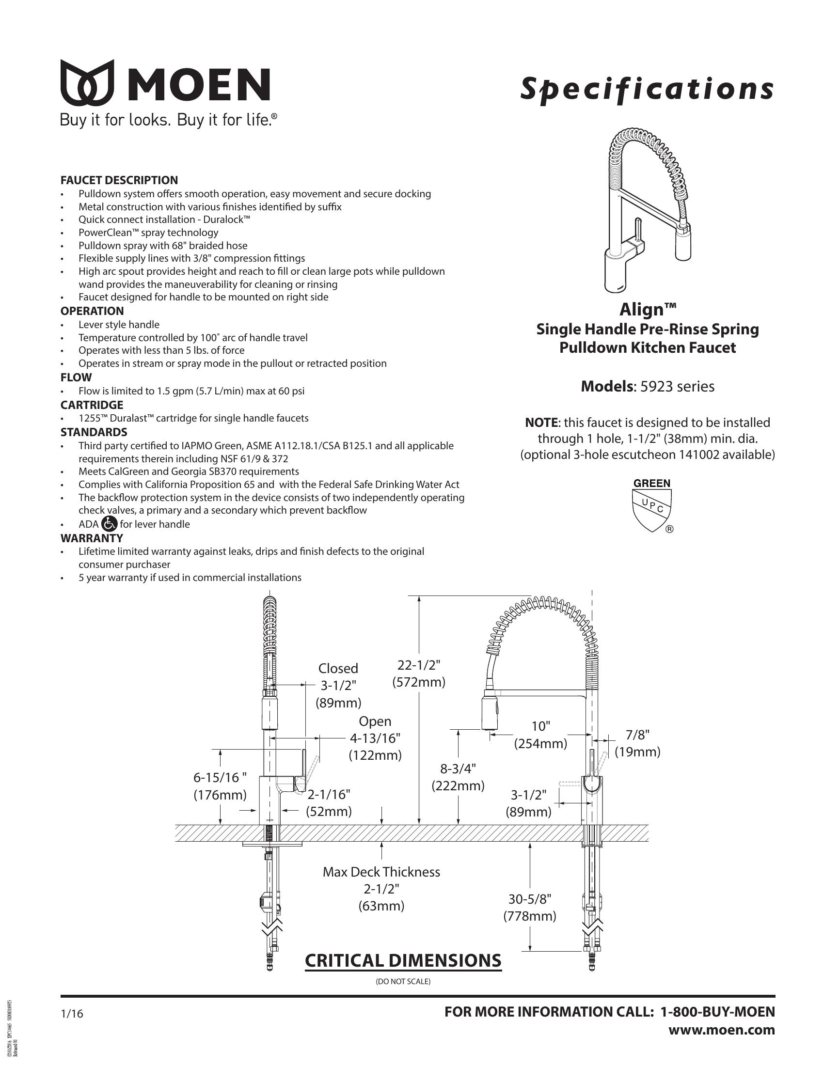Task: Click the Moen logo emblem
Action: pyautogui.click(x=87, y=82)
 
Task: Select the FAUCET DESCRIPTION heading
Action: pyautogui.click(x=119, y=180)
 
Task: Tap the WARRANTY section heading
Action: pyautogui.click(x=92, y=538)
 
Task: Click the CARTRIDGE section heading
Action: pyautogui.click(x=92, y=405)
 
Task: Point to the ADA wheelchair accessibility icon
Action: pyautogui.click(x=110, y=524)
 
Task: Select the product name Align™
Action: pyautogui.click(x=648, y=310)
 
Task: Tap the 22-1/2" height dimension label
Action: pyautogui.click(x=419, y=665)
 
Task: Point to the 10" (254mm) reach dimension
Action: pyautogui.click(x=540, y=735)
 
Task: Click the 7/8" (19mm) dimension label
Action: pyautogui.click(x=637, y=742)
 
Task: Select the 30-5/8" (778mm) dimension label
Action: pyautogui.click(x=530, y=908)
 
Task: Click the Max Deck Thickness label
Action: pyautogui.click(x=381, y=872)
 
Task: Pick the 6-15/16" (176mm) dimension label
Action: pyautogui.click(x=220, y=787)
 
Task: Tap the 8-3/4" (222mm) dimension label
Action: pyautogui.click(x=458, y=777)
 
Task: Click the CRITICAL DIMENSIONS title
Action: pyautogui.click(x=403, y=960)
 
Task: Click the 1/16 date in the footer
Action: pyautogui.click(x=72, y=1014)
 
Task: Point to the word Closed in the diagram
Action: pyautogui.click(x=338, y=668)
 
